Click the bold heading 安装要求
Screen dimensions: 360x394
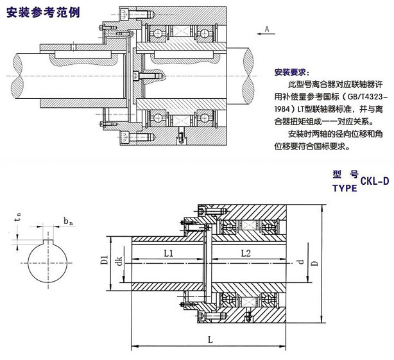pyautogui.click(x=290, y=72)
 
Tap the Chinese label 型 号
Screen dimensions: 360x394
pyautogui.click(x=345, y=174)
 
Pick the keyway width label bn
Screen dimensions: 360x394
pyautogui.click(x=67, y=221)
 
